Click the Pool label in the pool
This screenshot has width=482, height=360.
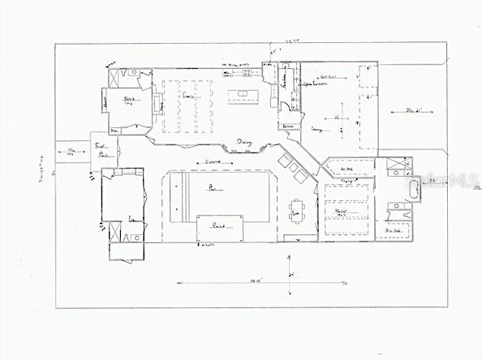click(x=213, y=188)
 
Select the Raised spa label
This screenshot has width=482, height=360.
click(x=218, y=225)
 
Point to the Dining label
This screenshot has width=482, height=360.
click(x=244, y=144)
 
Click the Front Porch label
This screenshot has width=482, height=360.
click(x=103, y=150)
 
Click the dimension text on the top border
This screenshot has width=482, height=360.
click(x=282, y=40)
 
